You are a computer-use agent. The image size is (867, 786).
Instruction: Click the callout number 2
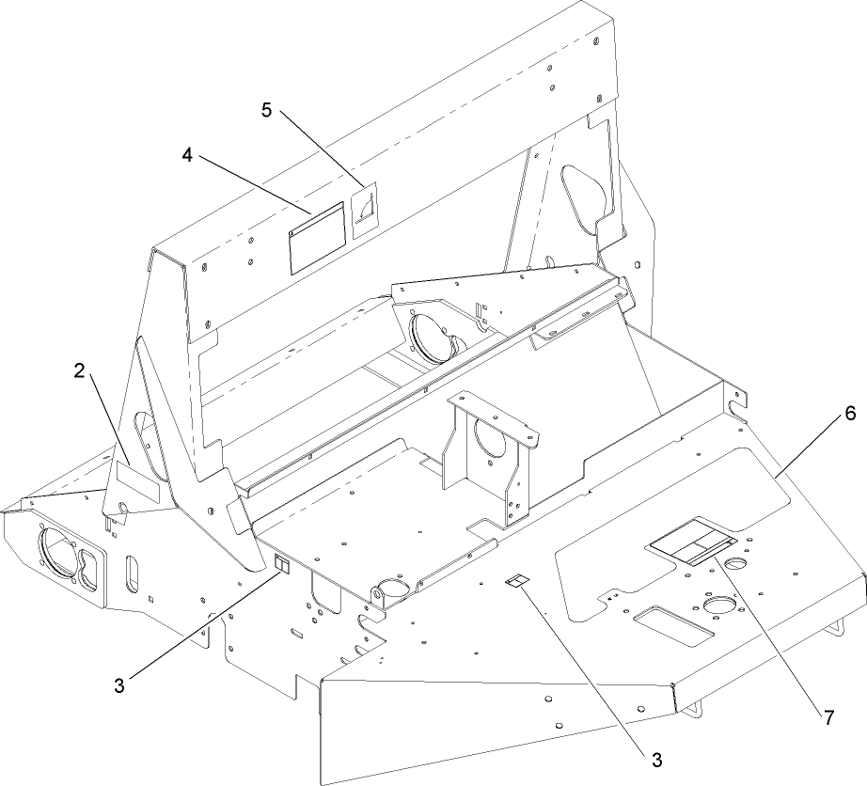pyautogui.click(x=80, y=370)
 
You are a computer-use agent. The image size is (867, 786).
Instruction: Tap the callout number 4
pyautogui.click(x=188, y=156)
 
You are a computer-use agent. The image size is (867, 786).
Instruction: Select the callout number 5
pyautogui.click(x=267, y=110)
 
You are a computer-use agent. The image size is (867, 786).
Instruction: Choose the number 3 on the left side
pyautogui.click(x=119, y=685)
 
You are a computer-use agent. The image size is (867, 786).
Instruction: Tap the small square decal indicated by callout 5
pyautogui.click(x=363, y=209)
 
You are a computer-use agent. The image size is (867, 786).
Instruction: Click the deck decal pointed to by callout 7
pyautogui.click(x=691, y=542)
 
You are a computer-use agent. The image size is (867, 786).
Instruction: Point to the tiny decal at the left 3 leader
pyautogui.click(x=279, y=564)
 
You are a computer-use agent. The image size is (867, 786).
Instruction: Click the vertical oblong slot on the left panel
pyautogui.click(x=132, y=573)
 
